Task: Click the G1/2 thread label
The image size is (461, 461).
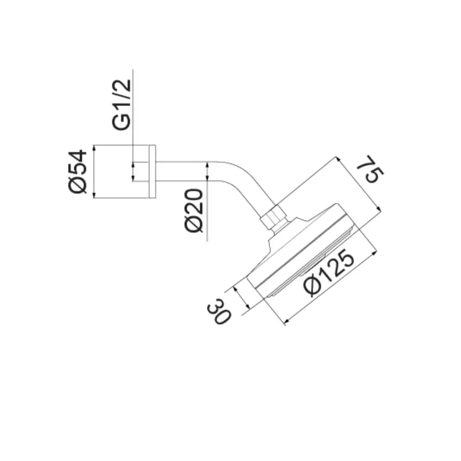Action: click(x=121, y=104)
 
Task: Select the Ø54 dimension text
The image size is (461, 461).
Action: click(x=78, y=172)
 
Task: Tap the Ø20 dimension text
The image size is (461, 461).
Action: click(x=194, y=211)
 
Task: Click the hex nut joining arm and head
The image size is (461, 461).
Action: click(x=273, y=216)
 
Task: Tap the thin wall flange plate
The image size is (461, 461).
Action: click(x=152, y=171)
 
